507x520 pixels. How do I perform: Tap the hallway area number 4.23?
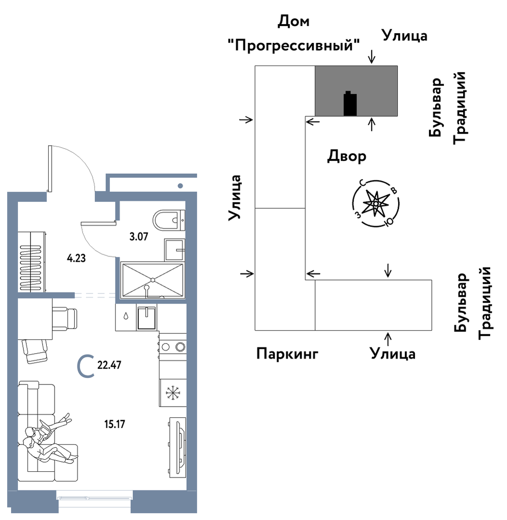[76, 258]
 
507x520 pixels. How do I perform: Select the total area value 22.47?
[108, 365]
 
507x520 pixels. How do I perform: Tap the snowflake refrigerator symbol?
[173, 393]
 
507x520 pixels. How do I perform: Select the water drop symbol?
[126, 317]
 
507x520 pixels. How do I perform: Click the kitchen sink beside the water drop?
[147, 318]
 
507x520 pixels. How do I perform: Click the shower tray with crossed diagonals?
[152, 279]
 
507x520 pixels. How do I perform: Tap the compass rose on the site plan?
[375, 204]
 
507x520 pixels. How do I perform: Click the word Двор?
[347, 156]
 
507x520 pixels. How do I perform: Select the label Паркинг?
[287, 354]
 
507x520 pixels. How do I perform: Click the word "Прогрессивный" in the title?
[294, 46]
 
